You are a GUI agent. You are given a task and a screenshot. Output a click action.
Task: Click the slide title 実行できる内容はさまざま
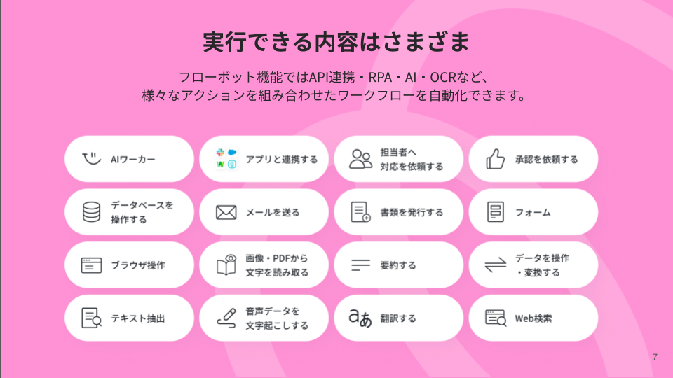(x=336, y=42)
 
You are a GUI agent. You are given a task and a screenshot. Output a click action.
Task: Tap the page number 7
(x=655, y=358)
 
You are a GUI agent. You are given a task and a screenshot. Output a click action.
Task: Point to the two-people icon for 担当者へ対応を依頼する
(x=361, y=159)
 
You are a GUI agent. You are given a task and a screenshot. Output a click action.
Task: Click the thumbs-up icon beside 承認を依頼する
(x=496, y=159)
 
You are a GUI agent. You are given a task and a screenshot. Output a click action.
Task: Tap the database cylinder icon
(x=91, y=212)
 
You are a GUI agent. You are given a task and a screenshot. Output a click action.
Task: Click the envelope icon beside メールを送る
(x=226, y=212)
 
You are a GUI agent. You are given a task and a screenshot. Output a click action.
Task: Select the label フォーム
(x=533, y=212)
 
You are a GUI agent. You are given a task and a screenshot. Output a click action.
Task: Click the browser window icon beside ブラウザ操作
(x=91, y=265)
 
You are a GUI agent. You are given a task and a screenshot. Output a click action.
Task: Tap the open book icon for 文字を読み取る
(x=226, y=265)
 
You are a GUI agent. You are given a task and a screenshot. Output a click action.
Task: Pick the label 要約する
(x=398, y=265)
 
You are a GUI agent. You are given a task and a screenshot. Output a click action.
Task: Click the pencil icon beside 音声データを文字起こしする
(x=226, y=318)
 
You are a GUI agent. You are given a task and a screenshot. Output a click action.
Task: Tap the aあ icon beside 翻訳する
(x=361, y=318)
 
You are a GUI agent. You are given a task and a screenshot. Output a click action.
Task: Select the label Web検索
(x=533, y=318)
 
